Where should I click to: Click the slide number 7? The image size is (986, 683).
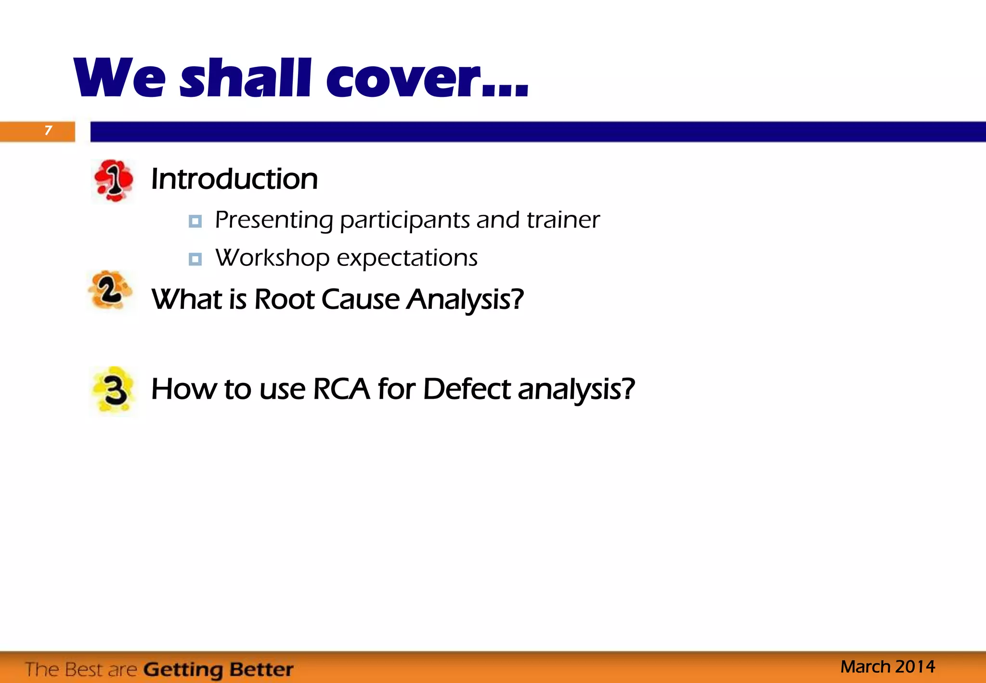(x=48, y=131)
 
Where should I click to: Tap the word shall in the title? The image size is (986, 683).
(x=245, y=79)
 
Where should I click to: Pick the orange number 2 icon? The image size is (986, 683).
(x=110, y=290)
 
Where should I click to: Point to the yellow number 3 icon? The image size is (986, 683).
(x=114, y=390)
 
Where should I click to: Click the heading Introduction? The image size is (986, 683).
(x=234, y=179)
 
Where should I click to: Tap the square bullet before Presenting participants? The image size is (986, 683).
(x=195, y=221)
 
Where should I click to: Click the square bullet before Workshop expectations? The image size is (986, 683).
(x=195, y=259)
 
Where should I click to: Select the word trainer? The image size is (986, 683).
(x=563, y=220)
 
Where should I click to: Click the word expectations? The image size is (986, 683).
(x=407, y=258)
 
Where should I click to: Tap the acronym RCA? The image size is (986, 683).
(x=341, y=389)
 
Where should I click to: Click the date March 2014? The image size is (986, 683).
(x=887, y=667)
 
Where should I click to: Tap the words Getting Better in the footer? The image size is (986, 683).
(x=218, y=670)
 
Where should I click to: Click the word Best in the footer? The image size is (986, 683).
(x=85, y=670)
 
